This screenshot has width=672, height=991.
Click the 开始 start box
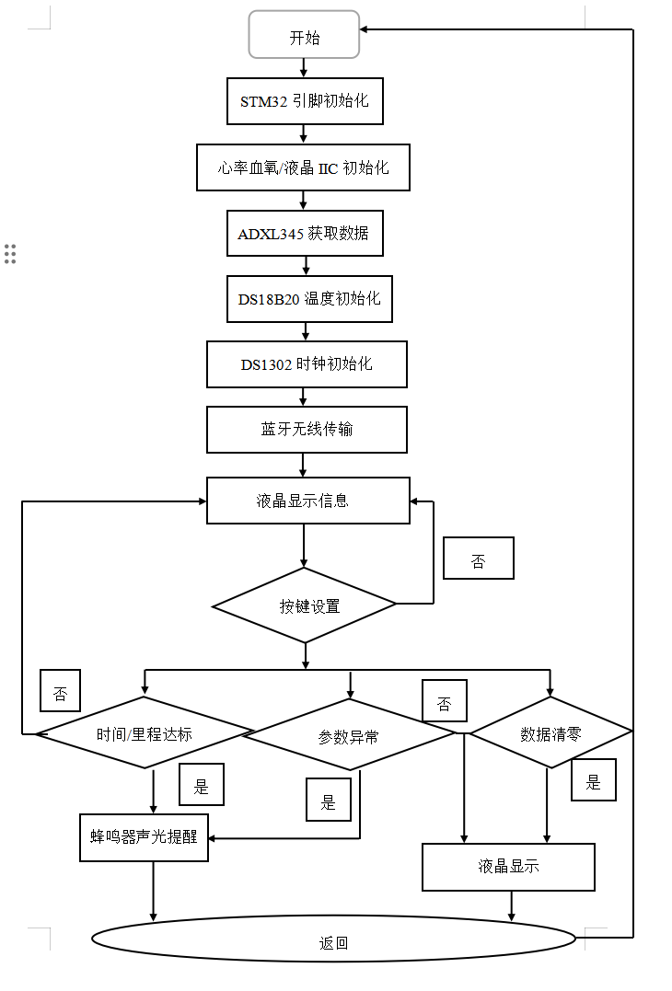click(304, 37)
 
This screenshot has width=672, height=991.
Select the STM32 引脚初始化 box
click(305, 101)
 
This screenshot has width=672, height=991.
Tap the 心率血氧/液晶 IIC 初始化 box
click(303, 167)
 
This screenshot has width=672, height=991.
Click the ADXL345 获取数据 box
click(305, 234)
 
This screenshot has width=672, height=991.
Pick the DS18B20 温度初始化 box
click(309, 299)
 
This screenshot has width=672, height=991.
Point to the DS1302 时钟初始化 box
click(307, 364)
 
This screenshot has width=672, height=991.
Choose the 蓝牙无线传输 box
click(307, 430)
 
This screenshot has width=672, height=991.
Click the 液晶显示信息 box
click(308, 501)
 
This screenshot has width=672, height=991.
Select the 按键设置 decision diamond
click(305, 605)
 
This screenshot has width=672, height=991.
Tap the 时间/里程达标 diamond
click(145, 733)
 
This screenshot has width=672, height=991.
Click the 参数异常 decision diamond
click(349, 736)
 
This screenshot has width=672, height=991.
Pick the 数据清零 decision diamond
click(550, 733)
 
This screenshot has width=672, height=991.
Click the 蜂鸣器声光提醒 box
click(145, 837)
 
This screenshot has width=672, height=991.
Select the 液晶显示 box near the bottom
click(508, 867)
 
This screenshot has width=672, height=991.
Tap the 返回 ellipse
click(334, 939)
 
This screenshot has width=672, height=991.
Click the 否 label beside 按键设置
click(478, 559)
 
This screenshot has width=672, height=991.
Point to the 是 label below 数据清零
click(593, 780)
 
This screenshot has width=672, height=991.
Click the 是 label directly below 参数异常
click(329, 800)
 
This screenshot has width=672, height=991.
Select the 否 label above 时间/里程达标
click(60, 691)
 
